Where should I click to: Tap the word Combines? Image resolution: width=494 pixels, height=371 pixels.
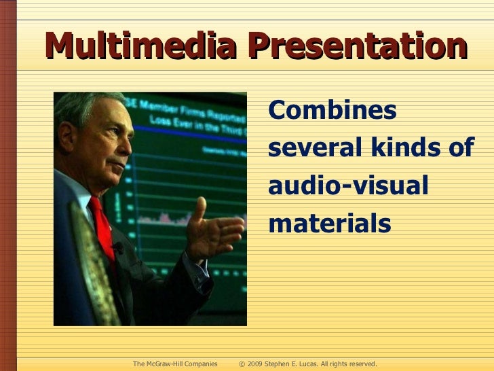332,111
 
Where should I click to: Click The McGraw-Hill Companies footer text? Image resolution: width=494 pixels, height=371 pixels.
175,364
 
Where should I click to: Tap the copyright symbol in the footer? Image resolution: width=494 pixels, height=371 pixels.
242,364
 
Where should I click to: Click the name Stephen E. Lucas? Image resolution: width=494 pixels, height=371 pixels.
296,364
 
